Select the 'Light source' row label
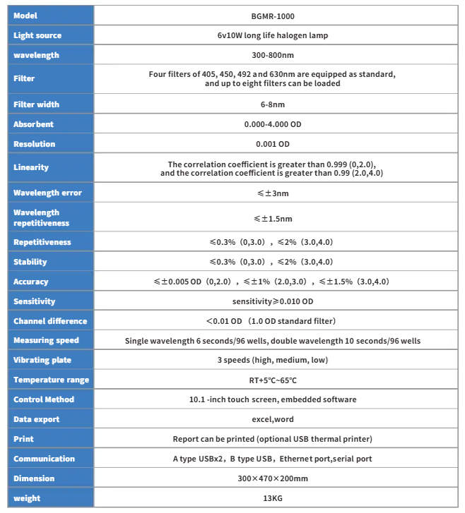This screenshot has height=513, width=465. [37, 35]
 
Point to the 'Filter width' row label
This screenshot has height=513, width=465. [37, 104]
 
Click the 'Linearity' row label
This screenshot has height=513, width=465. [31, 167]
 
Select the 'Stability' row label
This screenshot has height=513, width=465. [30, 262]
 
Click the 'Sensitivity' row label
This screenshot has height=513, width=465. [34, 301]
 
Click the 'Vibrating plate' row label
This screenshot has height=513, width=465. [42, 360]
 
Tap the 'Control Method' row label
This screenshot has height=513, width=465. [44, 399]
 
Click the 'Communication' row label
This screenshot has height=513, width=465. [44, 459]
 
